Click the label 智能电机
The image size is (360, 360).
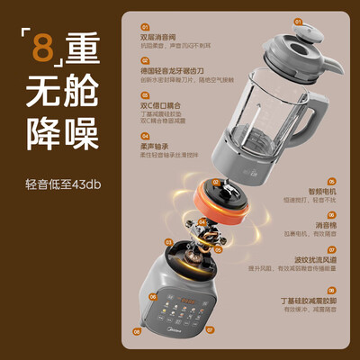coord(324,192)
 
